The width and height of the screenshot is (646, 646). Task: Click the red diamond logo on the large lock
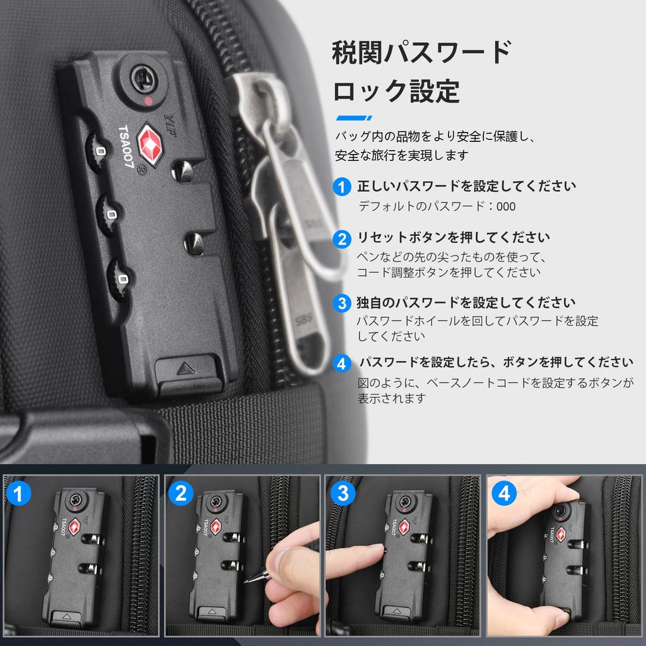150,144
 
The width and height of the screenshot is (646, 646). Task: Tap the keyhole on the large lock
142,78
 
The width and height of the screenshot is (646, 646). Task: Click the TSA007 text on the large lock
126,146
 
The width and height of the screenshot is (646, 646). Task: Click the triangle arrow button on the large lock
186,368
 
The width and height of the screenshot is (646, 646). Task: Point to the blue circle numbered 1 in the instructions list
341,187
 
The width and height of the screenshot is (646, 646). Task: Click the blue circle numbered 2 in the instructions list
341,239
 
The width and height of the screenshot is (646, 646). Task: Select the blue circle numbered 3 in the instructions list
341,303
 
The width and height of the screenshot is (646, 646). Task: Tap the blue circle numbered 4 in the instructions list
341,363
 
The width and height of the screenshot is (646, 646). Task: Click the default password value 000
506,206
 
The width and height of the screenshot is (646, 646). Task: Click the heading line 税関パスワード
422,52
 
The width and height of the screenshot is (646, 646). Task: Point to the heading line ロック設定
396,91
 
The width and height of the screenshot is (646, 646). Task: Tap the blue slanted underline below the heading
354,118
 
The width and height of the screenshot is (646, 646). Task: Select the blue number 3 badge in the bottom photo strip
343,493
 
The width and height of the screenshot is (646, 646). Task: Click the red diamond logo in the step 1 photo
74,527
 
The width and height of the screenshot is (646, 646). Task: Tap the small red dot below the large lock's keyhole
148,100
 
